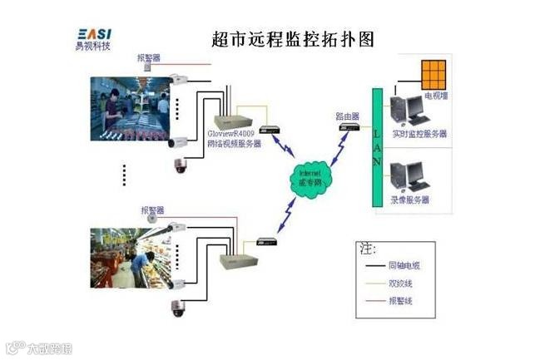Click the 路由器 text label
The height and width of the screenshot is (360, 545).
[x=348, y=116]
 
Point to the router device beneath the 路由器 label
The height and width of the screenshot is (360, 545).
[x=349, y=127]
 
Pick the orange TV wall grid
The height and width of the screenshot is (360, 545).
[x=434, y=75]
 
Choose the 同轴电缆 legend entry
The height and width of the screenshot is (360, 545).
[x=405, y=265]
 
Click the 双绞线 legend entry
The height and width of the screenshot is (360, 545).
[x=401, y=283]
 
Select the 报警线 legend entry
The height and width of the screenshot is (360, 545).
[x=401, y=300]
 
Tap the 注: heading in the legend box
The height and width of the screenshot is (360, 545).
[x=367, y=248]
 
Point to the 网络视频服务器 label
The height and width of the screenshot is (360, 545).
[x=233, y=143]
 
